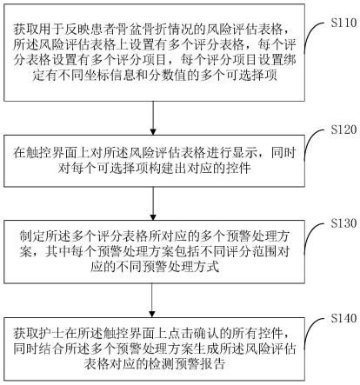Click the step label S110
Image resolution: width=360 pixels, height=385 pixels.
click(x=343, y=23)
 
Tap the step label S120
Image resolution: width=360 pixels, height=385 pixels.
click(x=343, y=129)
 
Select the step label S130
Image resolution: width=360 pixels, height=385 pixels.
click(x=343, y=223)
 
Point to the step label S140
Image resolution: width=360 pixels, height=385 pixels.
click(x=343, y=318)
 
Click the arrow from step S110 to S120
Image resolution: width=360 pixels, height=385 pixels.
click(x=153, y=118)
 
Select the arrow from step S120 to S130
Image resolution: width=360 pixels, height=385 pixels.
click(x=153, y=203)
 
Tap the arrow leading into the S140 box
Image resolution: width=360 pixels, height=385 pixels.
click(x=152, y=301)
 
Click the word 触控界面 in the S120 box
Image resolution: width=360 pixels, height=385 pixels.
click(x=52, y=153)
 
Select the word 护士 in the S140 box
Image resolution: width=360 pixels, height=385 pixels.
click(x=52, y=334)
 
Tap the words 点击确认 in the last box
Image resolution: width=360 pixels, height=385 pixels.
click(x=187, y=334)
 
